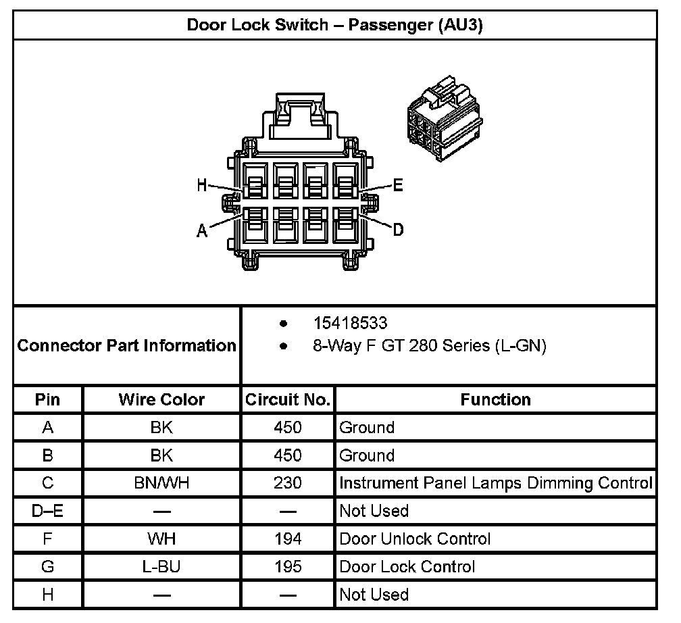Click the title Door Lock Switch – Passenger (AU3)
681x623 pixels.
pyautogui.click(x=334, y=25)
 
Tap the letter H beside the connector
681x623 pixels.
pyautogui.click(x=201, y=186)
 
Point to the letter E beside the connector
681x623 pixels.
pyautogui.click(x=398, y=185)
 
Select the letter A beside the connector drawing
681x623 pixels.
pyautogui.click(x=201, y=231)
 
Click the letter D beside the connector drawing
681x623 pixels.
pyautogui.click(x=399, y=230)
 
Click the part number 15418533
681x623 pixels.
pyautogui.click(x=350, y=323)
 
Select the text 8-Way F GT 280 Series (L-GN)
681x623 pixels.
pyautogui.click(x=429, y=346)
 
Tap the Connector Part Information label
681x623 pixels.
pyautogui.click(x=126, y=346)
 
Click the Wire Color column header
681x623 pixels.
pyautogui.click(x=161, y=399)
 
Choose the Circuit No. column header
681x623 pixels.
pyautogui.click(x=288, y=399)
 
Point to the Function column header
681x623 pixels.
pyautogui.click(x=495, y=399)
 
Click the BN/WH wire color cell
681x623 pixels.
pyautogui.click(x=161, y=483)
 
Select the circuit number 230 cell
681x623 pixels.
pyautogui.click(x=288, y=483)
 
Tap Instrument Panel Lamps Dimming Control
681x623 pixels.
pyautogui.click(x=495, y=483)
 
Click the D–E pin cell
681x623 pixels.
pyautogui.click(x=47, y=511)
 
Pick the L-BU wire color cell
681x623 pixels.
pyautogui.click(x=161, y=566)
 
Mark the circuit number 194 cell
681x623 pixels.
pyautogui.click(x=288, y=539)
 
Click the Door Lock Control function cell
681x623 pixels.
pyautogui.click(x=407, y=566)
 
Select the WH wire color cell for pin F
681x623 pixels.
pyautogui.click(x=161, y=539)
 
